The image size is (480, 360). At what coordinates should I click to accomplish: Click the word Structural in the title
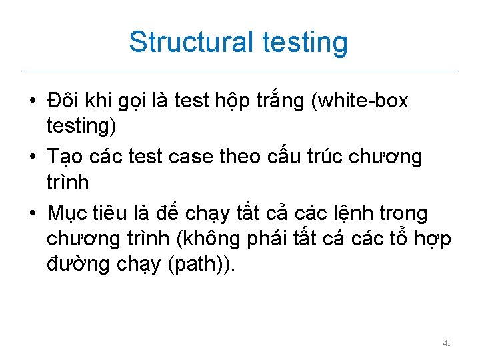click(191, 41)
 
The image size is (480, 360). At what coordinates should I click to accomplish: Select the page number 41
click(447, 343)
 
